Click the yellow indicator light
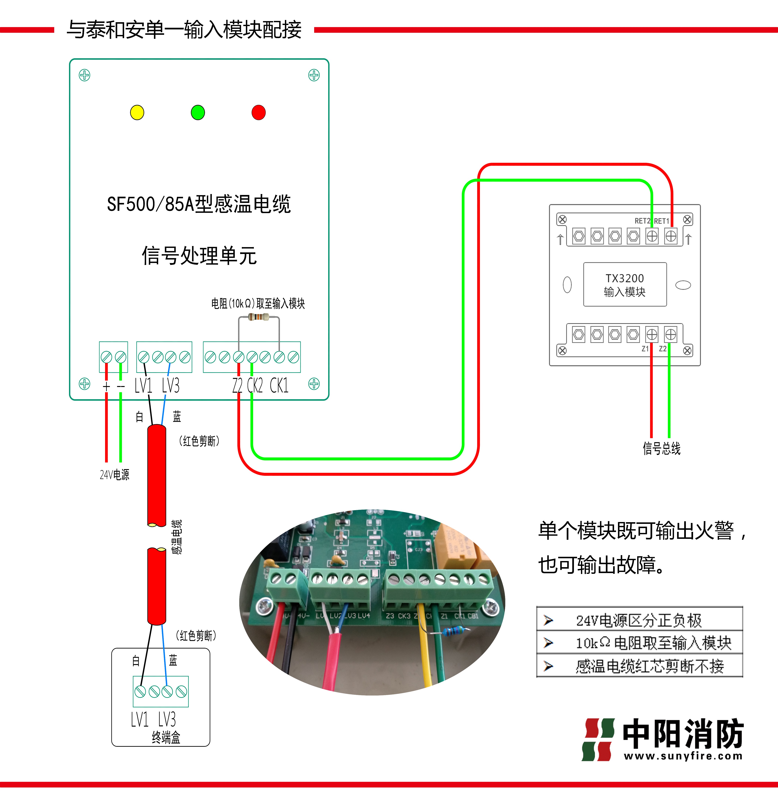[137, 112]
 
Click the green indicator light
[198, 112]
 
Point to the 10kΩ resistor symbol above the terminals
[259, 317]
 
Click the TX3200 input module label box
[625, 284]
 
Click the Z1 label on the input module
[645, 349]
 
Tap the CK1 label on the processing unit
[279, 385]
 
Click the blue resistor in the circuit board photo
[453, 632]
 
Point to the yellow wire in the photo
[425, 654]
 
